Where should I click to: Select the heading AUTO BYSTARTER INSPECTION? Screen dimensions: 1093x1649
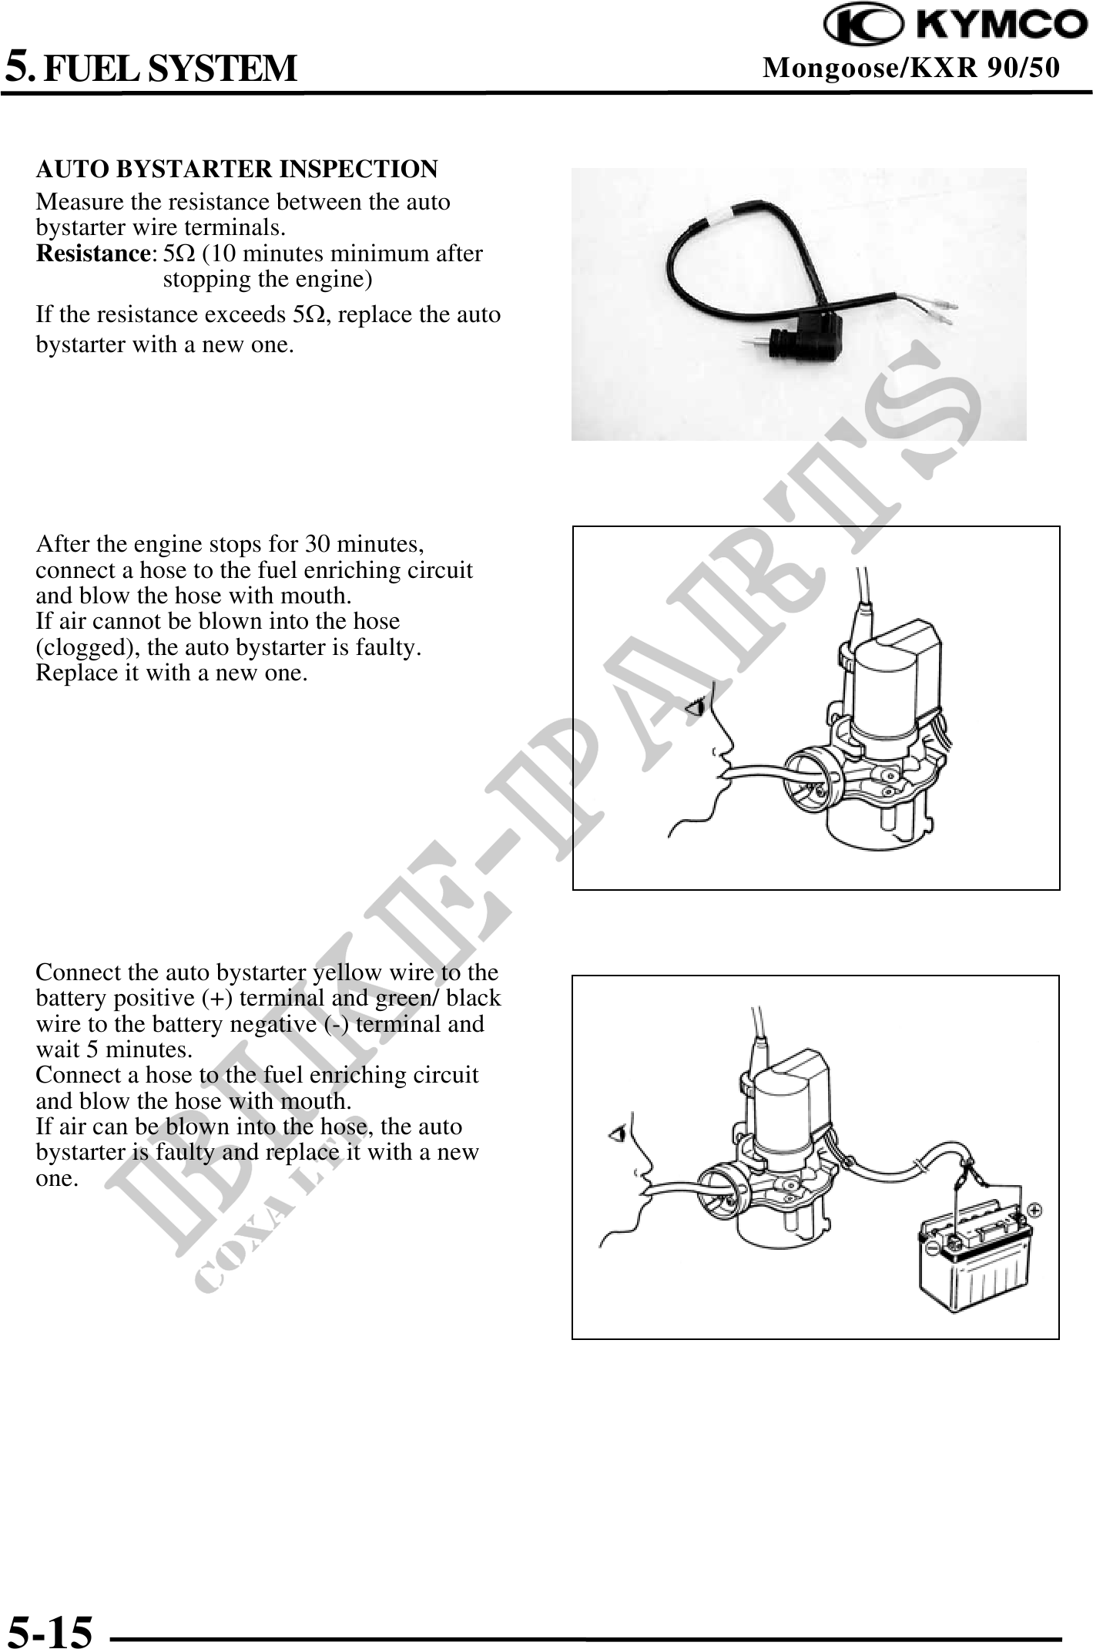(x=237, y=169)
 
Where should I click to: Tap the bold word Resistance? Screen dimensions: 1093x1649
(x=93, y=254)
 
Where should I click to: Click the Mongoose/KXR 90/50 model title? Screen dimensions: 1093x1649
(x=911, y=69)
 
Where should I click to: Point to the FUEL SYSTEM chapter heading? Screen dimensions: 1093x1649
(x=169, y=68)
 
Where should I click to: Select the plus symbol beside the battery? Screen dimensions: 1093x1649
(x=1036, y=1210)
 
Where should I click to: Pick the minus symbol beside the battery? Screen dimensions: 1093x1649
(x=933, y=1246)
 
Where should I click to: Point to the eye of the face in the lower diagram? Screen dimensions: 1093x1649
(x=617, y=1134)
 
